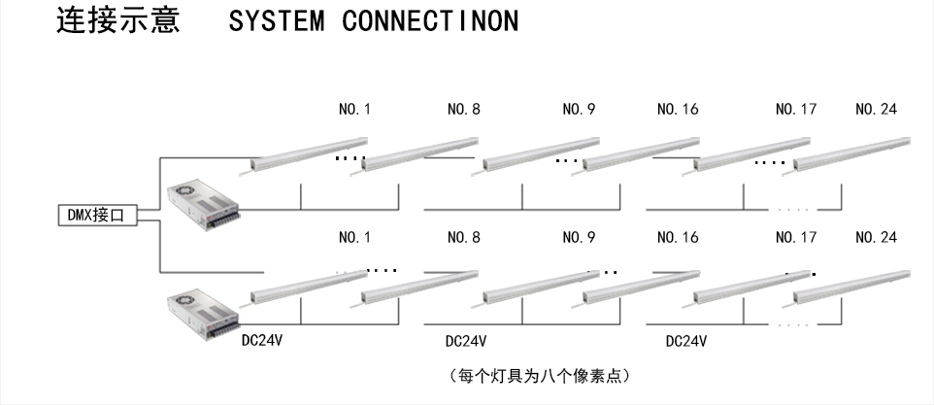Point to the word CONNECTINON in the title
pyautogui.click(x=430, y=22)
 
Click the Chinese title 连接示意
pyautogui.click(x=118, y=21)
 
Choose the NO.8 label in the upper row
pyautogui.click(x=464, y=110)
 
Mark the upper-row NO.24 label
pyautogui.click(x=877, y=110)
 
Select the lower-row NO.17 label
pyautogui.click(x=796, y=237)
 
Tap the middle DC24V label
pyautogui.click(x=466, y=342)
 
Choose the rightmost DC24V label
pyautogui.click(x=685, y=342)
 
